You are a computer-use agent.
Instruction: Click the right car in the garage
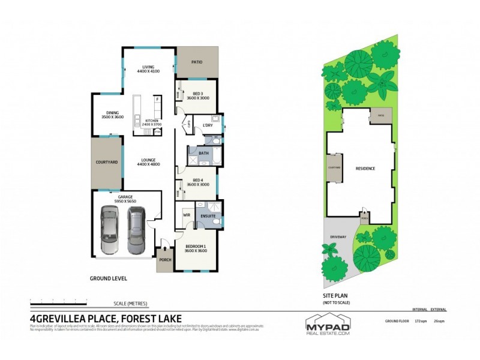137,230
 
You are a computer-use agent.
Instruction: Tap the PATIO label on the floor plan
196,61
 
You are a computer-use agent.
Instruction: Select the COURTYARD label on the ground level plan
106,162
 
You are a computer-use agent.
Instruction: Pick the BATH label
203,153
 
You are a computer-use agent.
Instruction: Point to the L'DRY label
208,125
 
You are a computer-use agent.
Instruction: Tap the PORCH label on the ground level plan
164,260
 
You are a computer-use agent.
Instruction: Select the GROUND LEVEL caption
108,278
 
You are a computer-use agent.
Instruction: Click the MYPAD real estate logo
327,325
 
